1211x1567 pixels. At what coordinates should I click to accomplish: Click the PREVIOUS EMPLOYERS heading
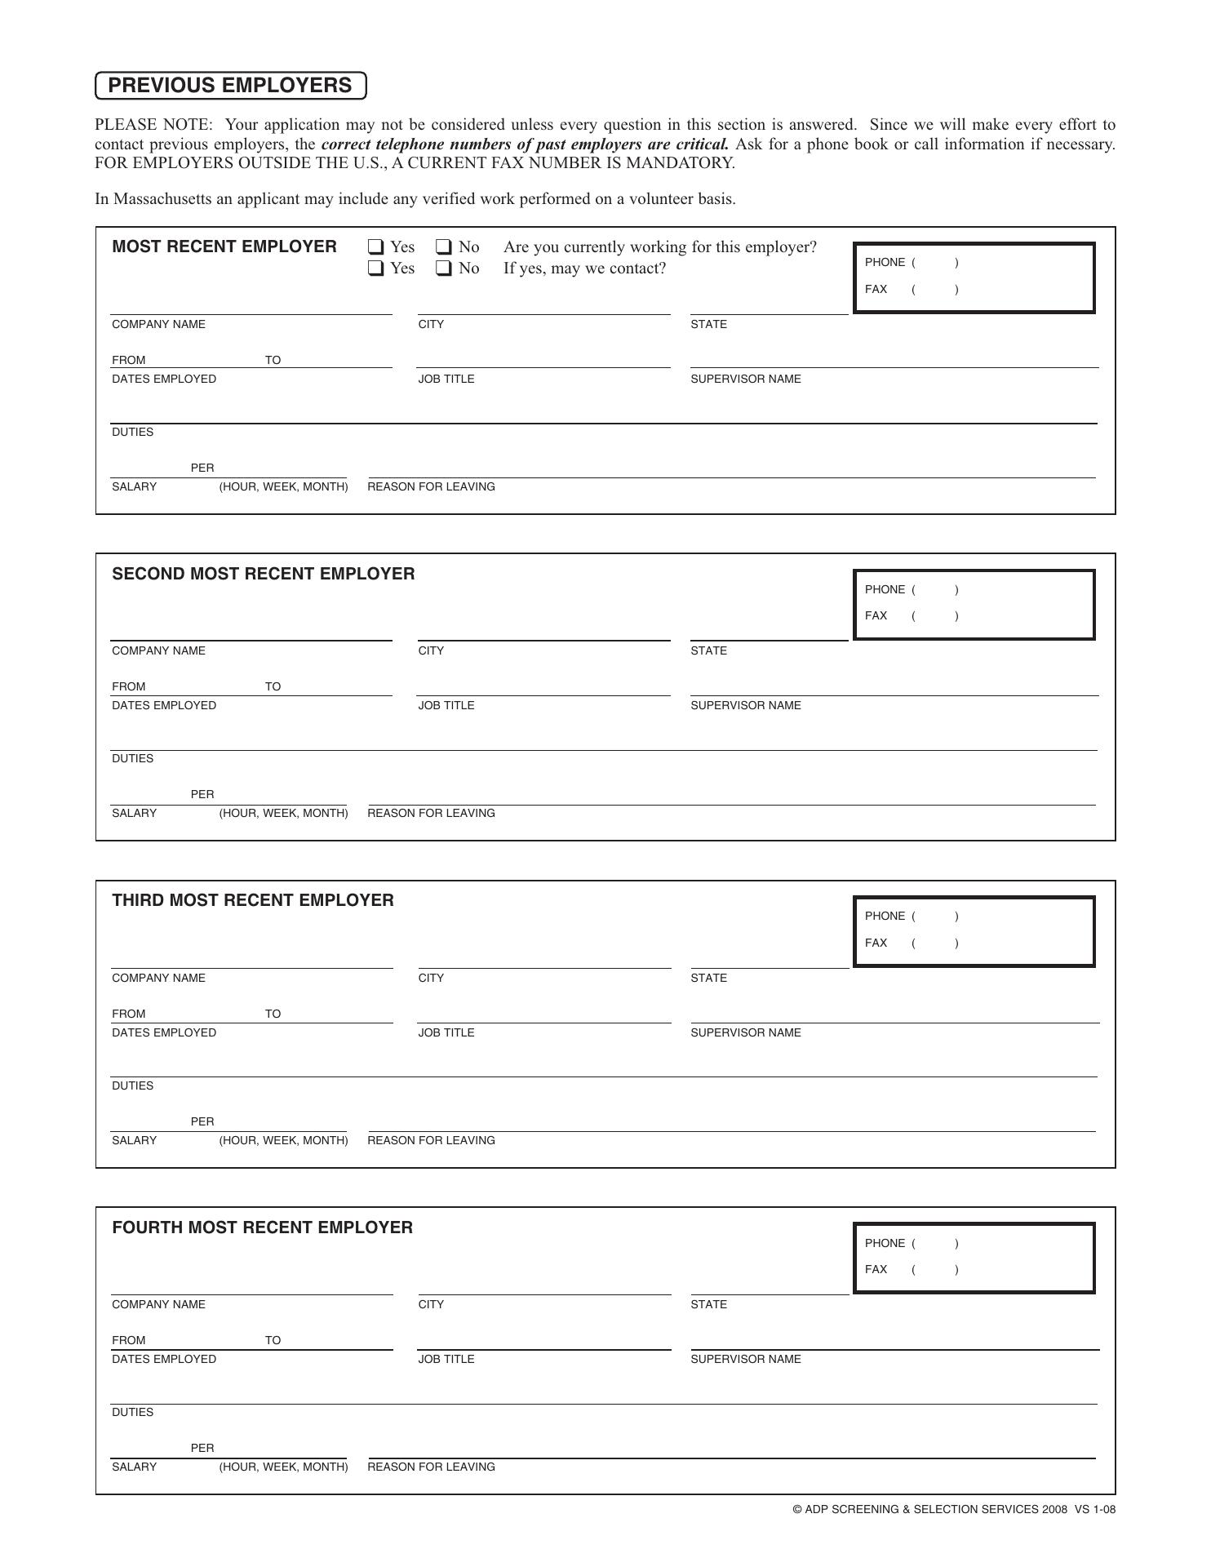point(230,86)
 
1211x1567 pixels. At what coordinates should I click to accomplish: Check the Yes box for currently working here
point(375,246)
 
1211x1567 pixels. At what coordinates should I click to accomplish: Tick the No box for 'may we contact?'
point(443,269)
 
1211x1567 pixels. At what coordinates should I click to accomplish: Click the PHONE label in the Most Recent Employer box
point(885,263)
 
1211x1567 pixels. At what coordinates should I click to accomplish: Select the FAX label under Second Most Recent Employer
point(876,616)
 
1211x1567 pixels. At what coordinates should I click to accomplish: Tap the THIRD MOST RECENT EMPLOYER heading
point(252,900)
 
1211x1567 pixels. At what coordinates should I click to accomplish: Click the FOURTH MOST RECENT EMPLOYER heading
point(262,1227)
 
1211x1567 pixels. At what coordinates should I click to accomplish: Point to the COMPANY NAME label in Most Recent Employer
point(158,325)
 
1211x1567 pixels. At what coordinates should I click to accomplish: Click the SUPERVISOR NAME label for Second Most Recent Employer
point(745,706)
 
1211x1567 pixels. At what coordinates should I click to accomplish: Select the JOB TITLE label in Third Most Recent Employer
point(446,1033)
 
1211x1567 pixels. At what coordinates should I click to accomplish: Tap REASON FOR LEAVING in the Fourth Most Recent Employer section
point(431,1467)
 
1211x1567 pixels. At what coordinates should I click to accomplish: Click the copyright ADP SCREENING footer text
point(953,1510)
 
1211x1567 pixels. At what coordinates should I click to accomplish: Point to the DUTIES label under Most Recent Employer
point(132,433)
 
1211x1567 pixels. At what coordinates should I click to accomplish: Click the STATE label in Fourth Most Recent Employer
point(708,1305)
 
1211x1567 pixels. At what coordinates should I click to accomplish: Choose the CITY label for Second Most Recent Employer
point(431,651)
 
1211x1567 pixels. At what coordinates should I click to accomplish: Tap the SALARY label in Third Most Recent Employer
point(134,1141)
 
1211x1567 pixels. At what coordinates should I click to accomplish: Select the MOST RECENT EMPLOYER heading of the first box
point(224,247)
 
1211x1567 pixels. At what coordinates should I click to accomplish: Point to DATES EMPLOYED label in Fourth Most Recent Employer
point(163,1360)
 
